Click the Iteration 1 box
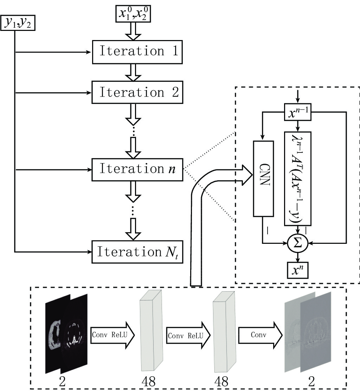point(137,52)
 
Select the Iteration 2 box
point(137,92)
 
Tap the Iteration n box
point(137,170)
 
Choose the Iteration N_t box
point(137,252)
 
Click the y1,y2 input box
point(18,23)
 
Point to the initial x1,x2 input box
point(133,14)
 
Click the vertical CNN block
point(263,178)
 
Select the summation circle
point(298,243)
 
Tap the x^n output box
point(298,270)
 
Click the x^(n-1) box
point(298,112)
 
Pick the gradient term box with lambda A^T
point(298,178)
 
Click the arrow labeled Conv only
point(261,335)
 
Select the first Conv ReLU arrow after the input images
point(112,335)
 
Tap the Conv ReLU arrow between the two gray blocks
point(188,335)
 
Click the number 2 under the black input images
point(62,381)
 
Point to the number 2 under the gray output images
point(311,381)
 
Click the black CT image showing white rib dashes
point(74,334)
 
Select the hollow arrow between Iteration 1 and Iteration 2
point(133,73)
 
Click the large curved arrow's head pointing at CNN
point(247,175)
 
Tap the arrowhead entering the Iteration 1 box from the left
point(88,52)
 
